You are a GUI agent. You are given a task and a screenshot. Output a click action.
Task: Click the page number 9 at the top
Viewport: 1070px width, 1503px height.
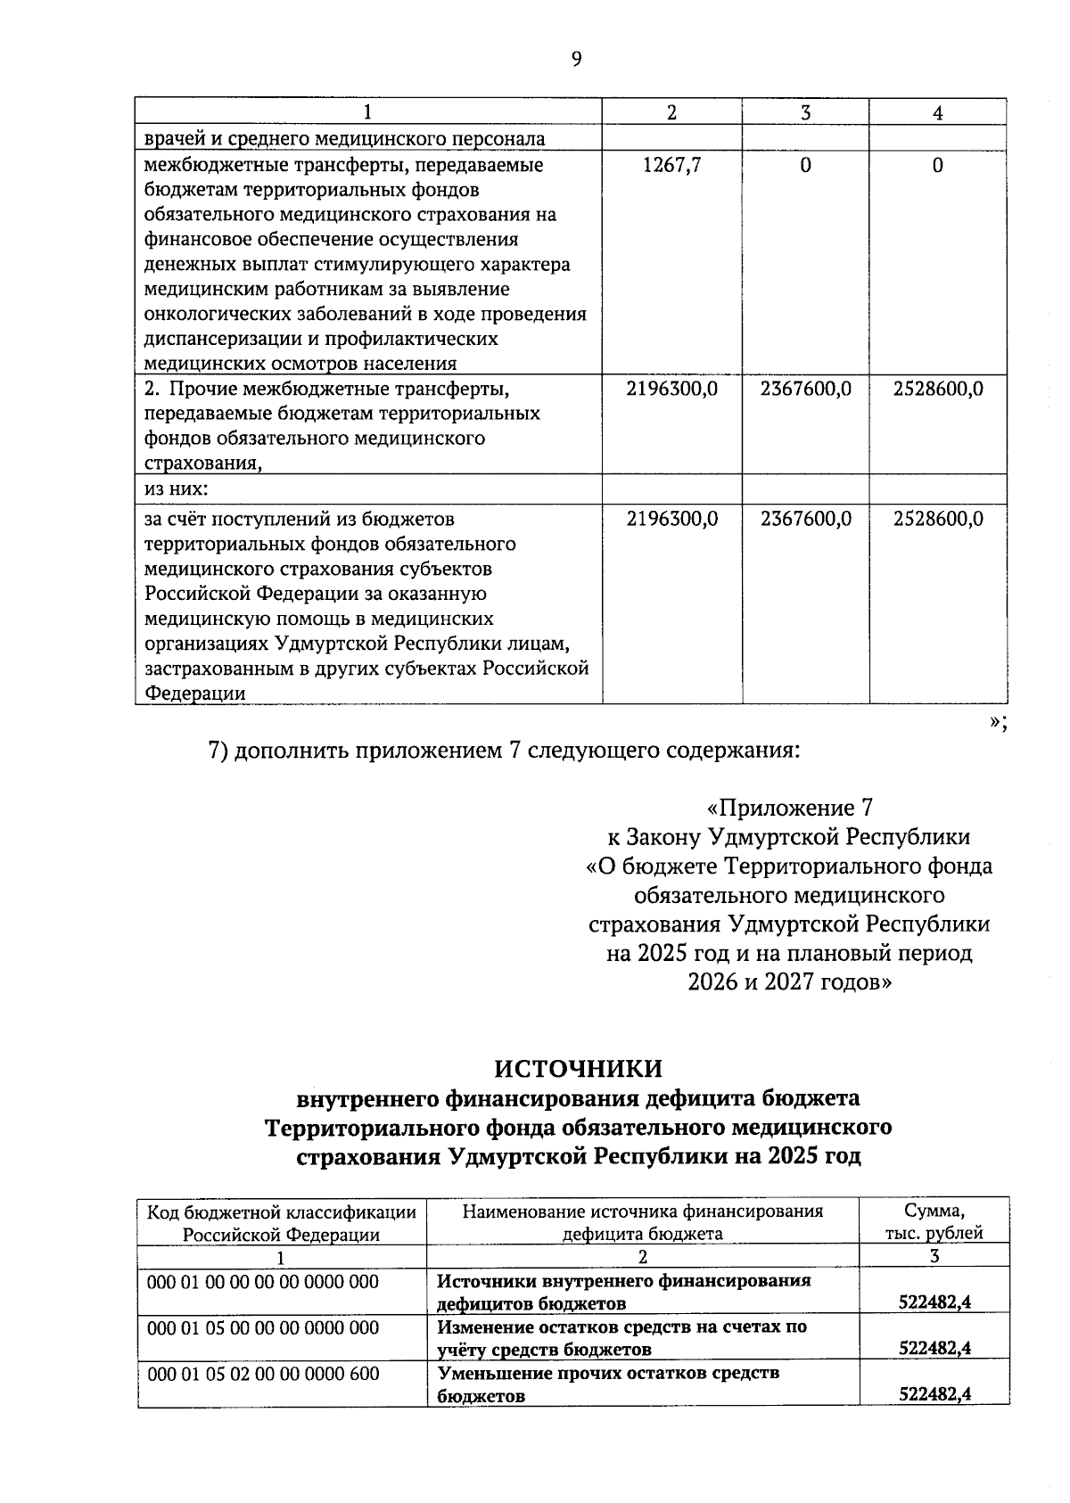coord(576,60)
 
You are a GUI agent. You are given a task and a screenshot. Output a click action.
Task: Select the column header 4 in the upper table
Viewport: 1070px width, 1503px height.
coord(937,112)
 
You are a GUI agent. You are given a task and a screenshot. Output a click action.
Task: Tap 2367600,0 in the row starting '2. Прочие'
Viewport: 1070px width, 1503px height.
coord(805,389)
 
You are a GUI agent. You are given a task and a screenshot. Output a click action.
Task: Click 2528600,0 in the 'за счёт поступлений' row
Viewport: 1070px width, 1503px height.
coord(938,519)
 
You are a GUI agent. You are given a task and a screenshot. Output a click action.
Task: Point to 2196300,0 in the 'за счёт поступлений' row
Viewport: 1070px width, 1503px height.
coord(672,519)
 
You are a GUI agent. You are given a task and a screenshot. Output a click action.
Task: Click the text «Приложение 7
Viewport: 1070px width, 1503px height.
coord(788,808)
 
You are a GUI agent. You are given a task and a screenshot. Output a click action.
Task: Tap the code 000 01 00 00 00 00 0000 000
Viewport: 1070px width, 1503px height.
coord(263,1282)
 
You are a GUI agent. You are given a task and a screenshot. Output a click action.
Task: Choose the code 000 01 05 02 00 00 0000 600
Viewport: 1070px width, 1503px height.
coord(263,1374)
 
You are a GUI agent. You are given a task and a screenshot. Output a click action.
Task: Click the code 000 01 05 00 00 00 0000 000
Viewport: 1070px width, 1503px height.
coord(263,1327)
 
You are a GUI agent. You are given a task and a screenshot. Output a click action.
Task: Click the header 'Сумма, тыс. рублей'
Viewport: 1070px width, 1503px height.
coord(934,1222)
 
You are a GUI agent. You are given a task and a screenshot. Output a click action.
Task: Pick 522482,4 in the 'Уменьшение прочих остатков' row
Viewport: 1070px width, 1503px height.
coord(934,1395)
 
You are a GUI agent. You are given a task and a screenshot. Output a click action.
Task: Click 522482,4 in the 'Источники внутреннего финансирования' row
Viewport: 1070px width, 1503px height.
coord(934,1302)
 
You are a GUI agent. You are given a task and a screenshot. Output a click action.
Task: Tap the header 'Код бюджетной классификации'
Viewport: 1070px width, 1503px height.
coord(282,1211)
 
